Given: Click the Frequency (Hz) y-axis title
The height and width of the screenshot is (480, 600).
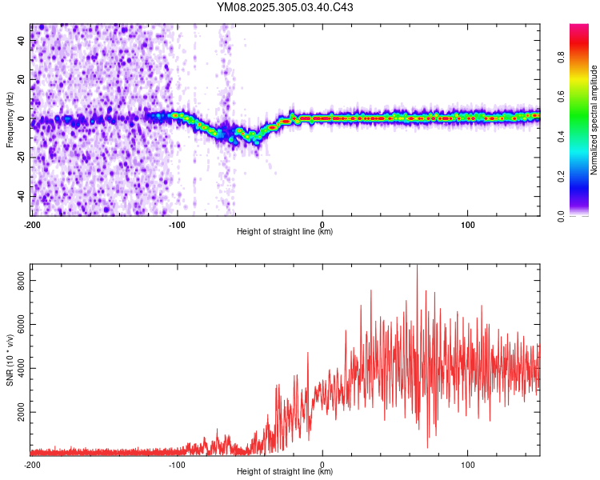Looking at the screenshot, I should coord(9,119).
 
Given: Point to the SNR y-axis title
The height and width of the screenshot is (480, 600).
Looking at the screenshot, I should coord(9,359).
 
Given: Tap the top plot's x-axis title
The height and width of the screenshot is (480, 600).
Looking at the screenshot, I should coord(285,232).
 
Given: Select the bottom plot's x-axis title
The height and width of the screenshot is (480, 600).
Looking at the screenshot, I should coord(285,472).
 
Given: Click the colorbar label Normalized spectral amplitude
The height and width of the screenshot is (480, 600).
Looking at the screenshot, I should coord(594,120).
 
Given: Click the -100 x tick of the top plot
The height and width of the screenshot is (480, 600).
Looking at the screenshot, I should coord(177,224).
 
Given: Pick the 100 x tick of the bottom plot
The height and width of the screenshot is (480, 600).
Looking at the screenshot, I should coord(468,464).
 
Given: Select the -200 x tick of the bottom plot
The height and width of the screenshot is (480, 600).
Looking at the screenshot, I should coord(32,464).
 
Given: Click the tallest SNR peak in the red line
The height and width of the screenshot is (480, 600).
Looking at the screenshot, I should coord(417,267).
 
